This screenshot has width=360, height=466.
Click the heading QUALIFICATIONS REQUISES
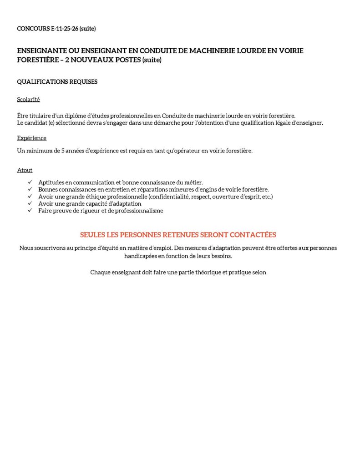(x=57, y=82)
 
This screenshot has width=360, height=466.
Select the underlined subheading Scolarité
(x=29, y=99)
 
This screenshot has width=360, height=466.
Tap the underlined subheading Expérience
(x=31, y=138)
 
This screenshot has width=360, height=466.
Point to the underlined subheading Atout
(x=25, y=170)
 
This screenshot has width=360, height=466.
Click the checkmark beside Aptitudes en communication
(x=30, y=182)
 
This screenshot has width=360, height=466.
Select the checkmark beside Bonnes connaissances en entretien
(x=30, y=189)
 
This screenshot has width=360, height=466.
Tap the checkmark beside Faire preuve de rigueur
(x=30, y=211)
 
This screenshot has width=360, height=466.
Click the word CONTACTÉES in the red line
(x=253, y=235)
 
